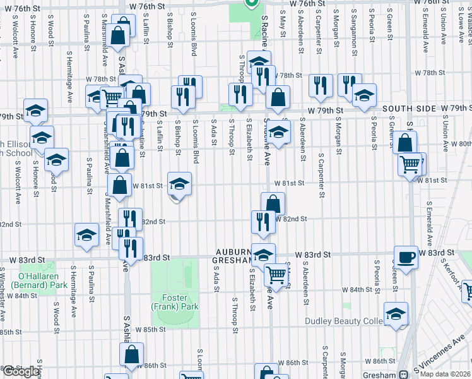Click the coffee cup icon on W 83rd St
(x=406, y=257)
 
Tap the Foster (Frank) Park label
(x=175, y=301)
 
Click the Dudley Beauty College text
(x=344, y=321)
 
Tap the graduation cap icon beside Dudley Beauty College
(x=396, y=313)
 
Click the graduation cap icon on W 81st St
(x=179, y=184)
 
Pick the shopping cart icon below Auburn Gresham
(x=276, y=274)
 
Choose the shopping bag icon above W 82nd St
(x=273, y=203)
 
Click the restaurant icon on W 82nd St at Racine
(x=263, y=221)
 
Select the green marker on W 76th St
(x=251, y=3)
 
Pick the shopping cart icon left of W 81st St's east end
(x=410, y=164)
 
